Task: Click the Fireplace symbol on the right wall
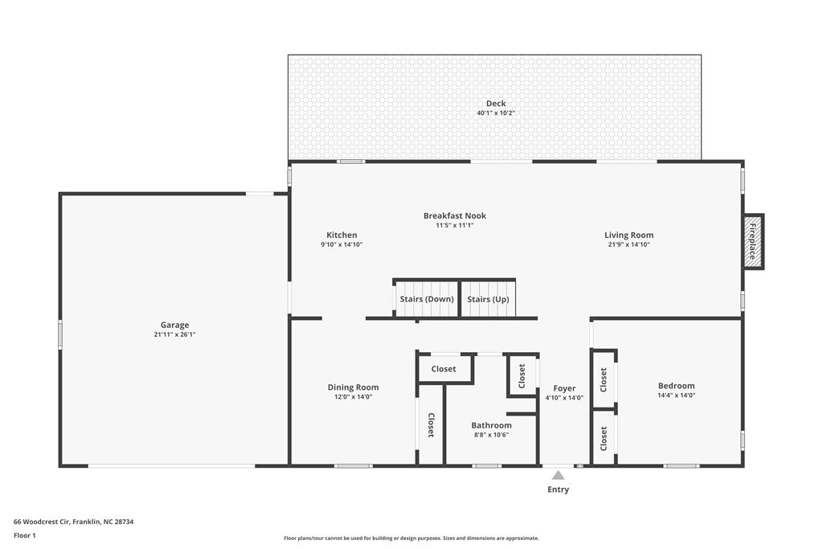753,241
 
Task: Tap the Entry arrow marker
558,475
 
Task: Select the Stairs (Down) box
427,299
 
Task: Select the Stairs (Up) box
488,299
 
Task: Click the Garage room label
174,326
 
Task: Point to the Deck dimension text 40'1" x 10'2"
496,113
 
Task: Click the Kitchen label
342,236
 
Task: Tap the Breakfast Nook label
455,215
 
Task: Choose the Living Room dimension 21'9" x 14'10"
629,244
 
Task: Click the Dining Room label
353,387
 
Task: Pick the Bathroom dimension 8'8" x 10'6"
491,435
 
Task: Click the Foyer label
564,389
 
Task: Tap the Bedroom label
676,386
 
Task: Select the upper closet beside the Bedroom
604,378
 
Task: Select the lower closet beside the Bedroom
604,438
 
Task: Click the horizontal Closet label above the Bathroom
444,369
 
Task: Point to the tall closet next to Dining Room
431,424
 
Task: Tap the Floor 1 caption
25,535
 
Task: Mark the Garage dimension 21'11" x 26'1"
174,334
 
